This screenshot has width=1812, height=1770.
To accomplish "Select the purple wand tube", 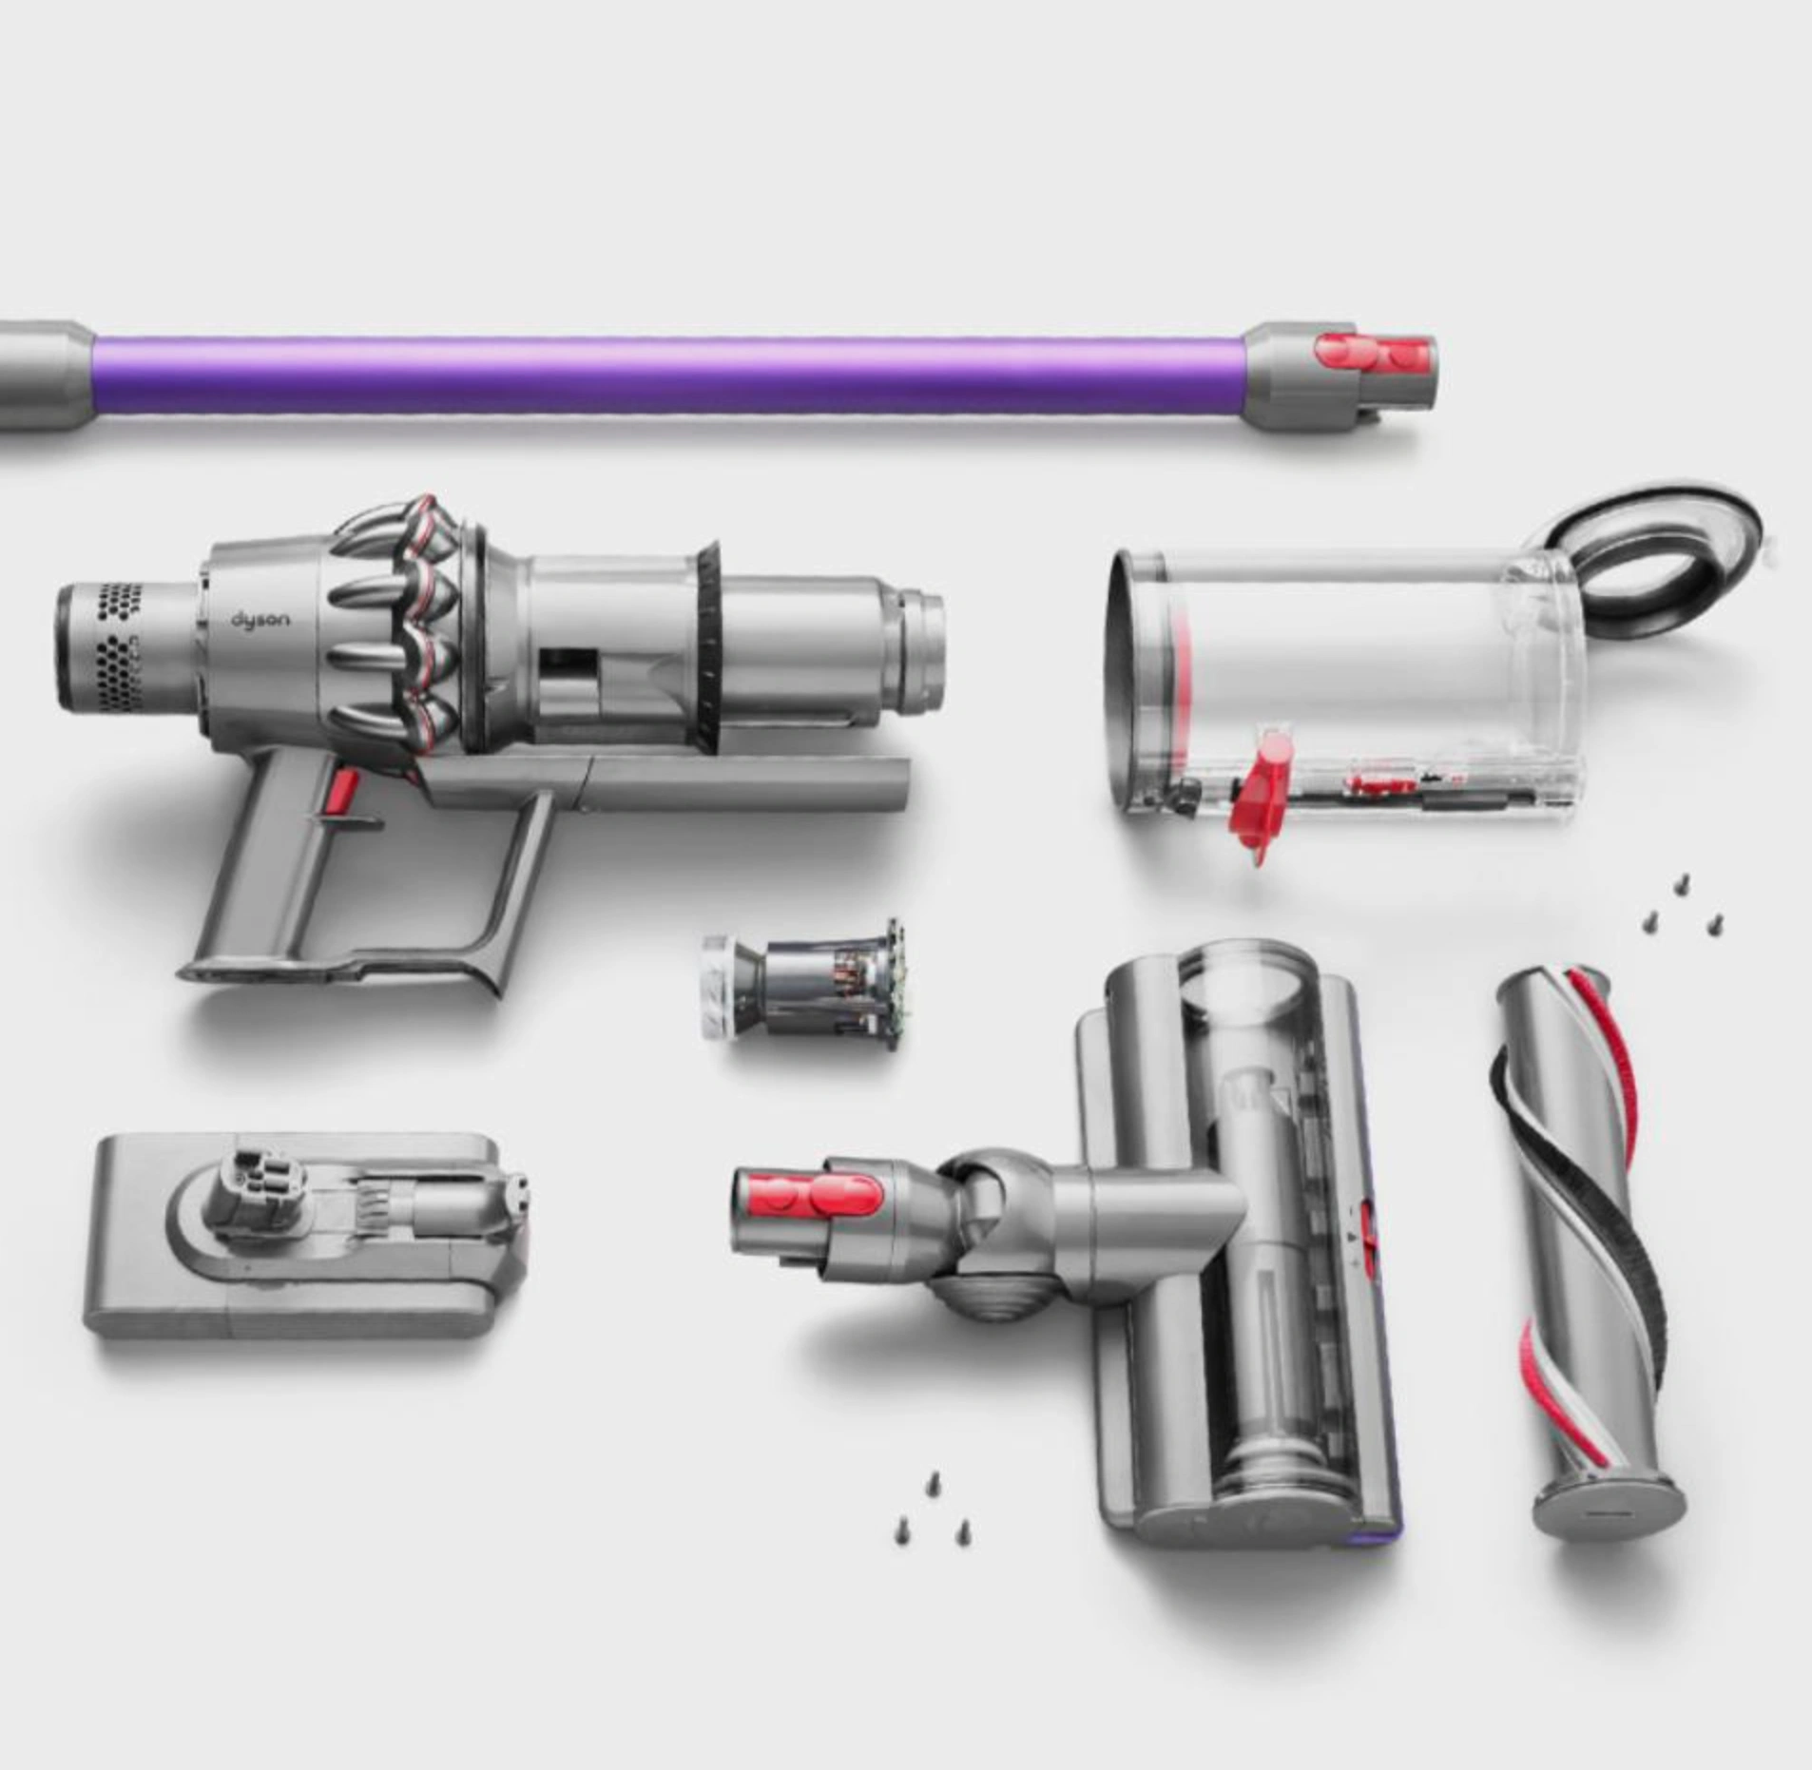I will [665, 375].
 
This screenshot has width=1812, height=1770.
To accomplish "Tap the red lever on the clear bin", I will [1265, 790].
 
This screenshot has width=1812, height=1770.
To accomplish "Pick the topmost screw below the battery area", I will [933, 1481].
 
